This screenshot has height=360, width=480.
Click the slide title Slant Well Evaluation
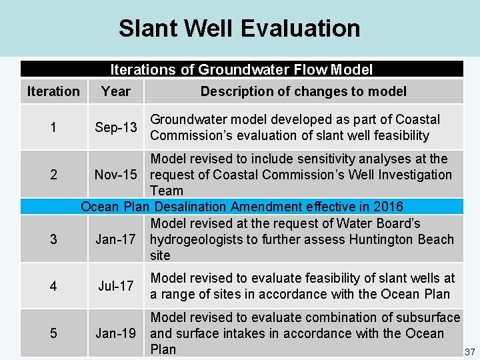(x=239, y=29)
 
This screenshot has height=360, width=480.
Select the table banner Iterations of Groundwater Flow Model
(x=241, y=69)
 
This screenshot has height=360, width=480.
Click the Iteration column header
(x=53, y=91)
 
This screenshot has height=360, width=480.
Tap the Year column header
(x=116, y=91)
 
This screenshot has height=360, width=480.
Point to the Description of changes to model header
(x=303, y=91)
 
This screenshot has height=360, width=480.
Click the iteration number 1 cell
(x=53, y=127)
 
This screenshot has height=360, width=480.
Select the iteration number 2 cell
(x=53, y=175)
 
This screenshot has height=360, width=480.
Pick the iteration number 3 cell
(x=53, y=239)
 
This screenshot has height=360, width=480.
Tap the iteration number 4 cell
(x=53, y=286)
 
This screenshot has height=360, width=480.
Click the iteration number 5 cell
(x=53, y=333)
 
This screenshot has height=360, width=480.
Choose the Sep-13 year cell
(x=116, y=127)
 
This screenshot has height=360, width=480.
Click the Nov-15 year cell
(x=116, y=175)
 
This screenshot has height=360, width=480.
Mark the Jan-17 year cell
(x=116, y=239)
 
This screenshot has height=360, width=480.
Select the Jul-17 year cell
(x=116, y=286)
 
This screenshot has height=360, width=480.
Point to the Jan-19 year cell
(x=116, y=333)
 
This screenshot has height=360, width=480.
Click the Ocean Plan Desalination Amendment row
(x=241, y=207)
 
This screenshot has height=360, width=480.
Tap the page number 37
(x=469, y=351)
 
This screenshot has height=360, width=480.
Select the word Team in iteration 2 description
(x=167, y=191)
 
